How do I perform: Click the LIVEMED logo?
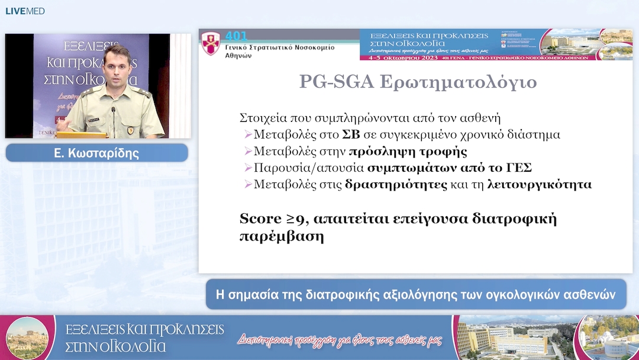25,11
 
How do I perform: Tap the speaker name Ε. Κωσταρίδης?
96,153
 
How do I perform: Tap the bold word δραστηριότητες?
396,184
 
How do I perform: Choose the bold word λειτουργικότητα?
539,184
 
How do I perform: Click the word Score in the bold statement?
260,218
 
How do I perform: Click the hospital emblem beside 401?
211,44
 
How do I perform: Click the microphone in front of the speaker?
114,116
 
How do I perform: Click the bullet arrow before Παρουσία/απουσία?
248,168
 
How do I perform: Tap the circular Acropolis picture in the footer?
27,337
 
